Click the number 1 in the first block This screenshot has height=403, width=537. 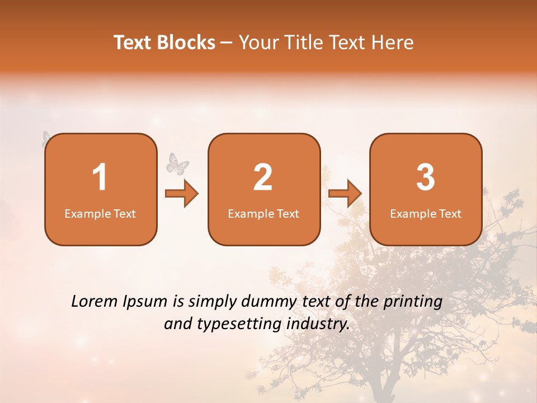(x=100, y=177)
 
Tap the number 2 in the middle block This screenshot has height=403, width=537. (x=263, y=177)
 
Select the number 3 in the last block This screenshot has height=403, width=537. (x=426, y=177)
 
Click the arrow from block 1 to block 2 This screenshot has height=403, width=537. (x=182, y=194)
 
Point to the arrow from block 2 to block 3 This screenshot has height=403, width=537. (x=345, y=194)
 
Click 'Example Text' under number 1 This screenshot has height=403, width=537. (x=100, y=213)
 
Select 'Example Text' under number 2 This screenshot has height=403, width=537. (x=263, y=213)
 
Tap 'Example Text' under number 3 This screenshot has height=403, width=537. (x=426, y=213)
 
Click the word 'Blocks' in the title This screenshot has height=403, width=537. (x=186, y=43)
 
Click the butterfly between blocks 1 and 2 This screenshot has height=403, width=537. (x=178, y=163)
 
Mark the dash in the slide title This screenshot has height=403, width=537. (x=227, y=43)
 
